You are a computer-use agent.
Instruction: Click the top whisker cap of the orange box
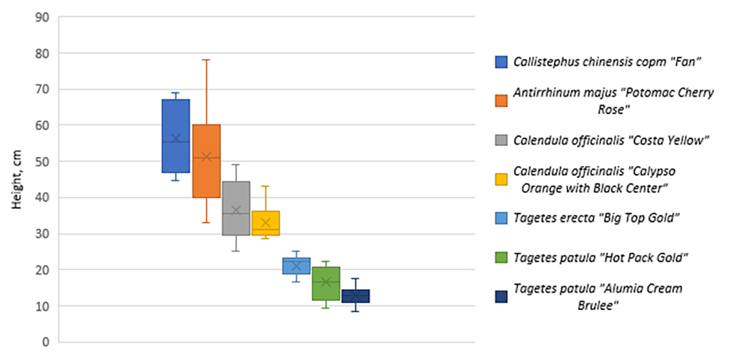click(x=206, y=60)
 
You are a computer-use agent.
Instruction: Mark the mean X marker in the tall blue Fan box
click(x=176, y=138)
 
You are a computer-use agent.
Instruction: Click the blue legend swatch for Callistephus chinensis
click(x=501, y=62)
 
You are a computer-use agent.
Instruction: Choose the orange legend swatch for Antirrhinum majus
click(x=501, y=101)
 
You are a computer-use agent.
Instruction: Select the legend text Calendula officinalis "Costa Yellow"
click(x=611, y=140)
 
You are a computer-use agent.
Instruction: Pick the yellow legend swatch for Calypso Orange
click(x=501, y=179)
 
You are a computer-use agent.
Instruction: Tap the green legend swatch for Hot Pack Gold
click(x=501, y=257)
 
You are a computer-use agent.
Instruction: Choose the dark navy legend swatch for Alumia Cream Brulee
click(x=501, y=297)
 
